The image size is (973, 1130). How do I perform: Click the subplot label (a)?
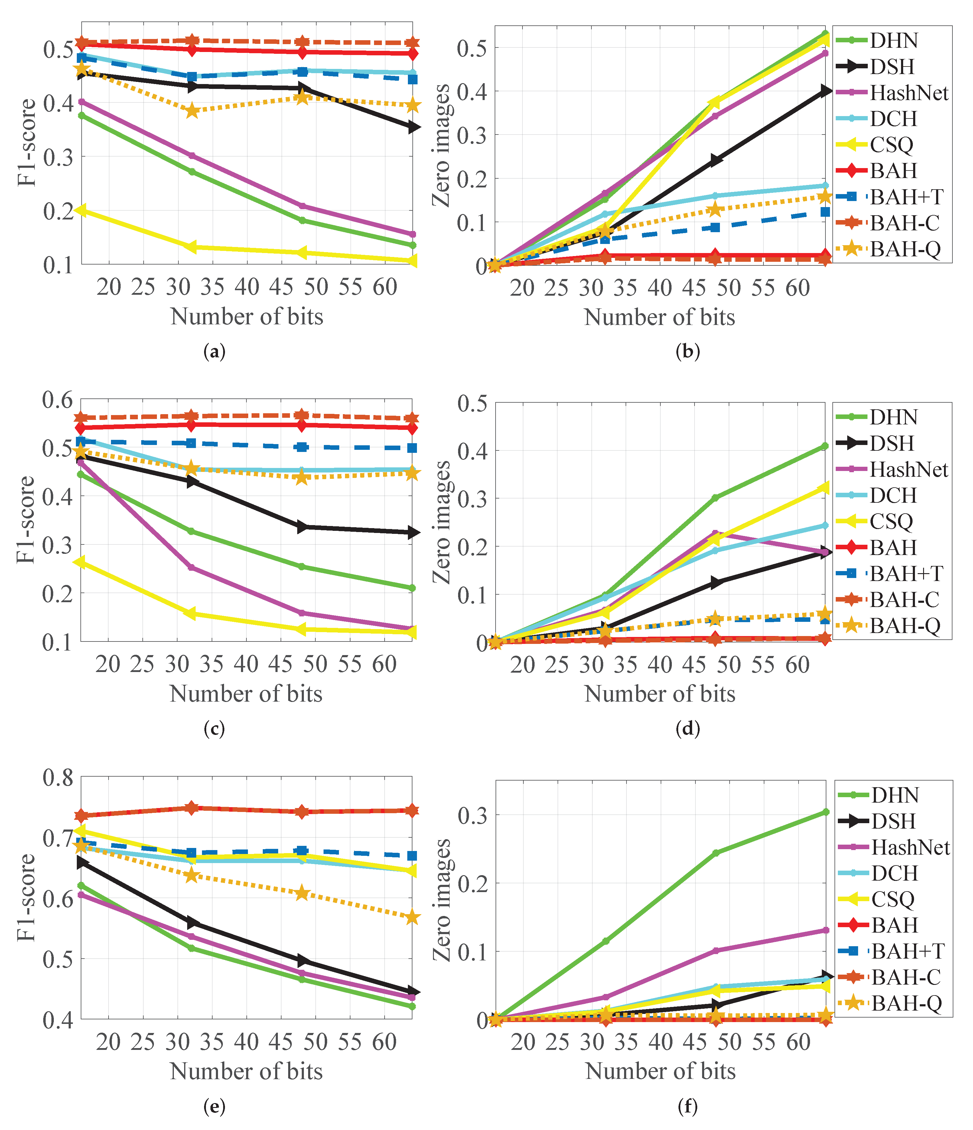click(214, 352)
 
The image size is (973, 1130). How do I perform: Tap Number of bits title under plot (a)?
click(246, 316)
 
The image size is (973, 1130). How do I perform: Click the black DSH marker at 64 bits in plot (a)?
click(413, 127)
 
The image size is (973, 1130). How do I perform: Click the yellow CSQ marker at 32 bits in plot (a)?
click(191, 247)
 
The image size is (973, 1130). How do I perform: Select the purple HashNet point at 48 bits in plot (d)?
click(715, 533)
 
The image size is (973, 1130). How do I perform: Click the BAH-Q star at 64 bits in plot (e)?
click(412, 917)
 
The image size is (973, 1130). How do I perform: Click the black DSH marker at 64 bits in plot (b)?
click(826, 91)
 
